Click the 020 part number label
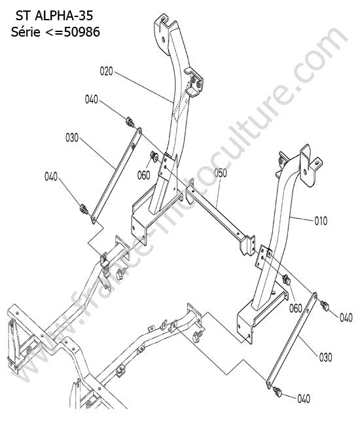point(106,71)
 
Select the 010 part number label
point(321,221)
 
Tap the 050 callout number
point(221,173)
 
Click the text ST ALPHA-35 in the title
point(54,16)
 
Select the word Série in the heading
point(26,32)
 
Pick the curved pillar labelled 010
point(282,217)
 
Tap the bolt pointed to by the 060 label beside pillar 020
point(154,156)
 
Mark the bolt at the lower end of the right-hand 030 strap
point(278,392)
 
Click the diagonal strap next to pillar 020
point(117,176)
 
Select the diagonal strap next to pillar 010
point(292,341)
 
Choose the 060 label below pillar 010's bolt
point(295,309)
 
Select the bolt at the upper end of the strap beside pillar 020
point(130,122)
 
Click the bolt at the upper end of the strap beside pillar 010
point(325,306)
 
